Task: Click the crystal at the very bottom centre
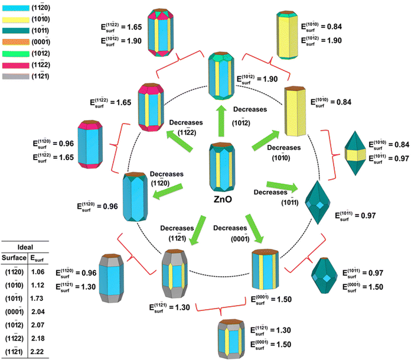[x=229, y=336]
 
